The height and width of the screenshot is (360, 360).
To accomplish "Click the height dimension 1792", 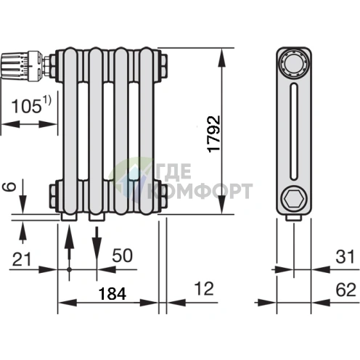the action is (x=214, y=134).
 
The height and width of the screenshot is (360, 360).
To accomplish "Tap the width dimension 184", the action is (x=112, y=293).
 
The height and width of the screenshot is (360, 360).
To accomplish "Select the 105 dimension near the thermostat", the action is (x=26, y=106).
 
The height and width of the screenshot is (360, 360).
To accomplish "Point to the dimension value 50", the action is (x=122, y=255).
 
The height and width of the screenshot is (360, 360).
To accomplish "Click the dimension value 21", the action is (x=22, y=259).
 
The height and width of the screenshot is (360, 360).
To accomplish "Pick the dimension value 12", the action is (x=205, y=288).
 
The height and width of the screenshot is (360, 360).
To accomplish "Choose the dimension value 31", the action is (x=345, y=257).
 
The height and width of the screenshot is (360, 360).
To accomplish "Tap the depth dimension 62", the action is (x=345, y=290).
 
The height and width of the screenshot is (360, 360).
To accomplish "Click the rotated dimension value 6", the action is (x=9, y=187).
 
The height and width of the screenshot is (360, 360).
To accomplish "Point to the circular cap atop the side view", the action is (x=294, y=63).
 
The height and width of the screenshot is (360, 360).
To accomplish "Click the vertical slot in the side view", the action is (x=294, y=131).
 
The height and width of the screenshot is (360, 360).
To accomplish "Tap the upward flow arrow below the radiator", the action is (x=69, y=252).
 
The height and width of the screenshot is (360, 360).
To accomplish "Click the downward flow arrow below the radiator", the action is (x=97, y=245).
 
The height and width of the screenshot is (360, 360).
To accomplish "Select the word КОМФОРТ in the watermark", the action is (x=200, y=191).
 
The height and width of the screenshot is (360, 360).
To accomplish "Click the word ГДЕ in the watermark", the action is (x=173, y=171).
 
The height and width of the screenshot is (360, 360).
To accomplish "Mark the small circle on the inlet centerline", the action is (x=69, y=269).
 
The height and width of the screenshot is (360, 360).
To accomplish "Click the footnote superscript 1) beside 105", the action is (x=47, y=100).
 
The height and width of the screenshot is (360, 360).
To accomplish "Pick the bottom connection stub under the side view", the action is (x=294, y=218).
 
